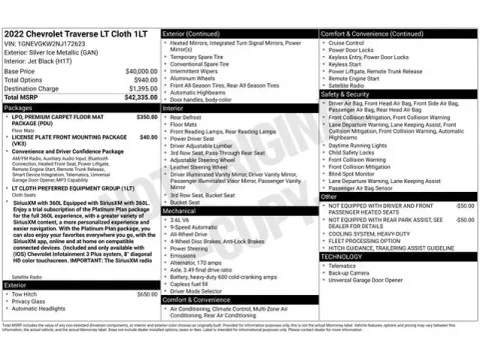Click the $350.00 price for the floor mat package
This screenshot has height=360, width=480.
(147, 116)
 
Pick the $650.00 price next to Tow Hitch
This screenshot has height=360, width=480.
(147, 295)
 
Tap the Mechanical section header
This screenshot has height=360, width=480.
(180, 211)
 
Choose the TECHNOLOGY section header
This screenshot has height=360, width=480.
(342, 256)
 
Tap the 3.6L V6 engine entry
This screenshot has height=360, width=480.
(182, 219)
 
